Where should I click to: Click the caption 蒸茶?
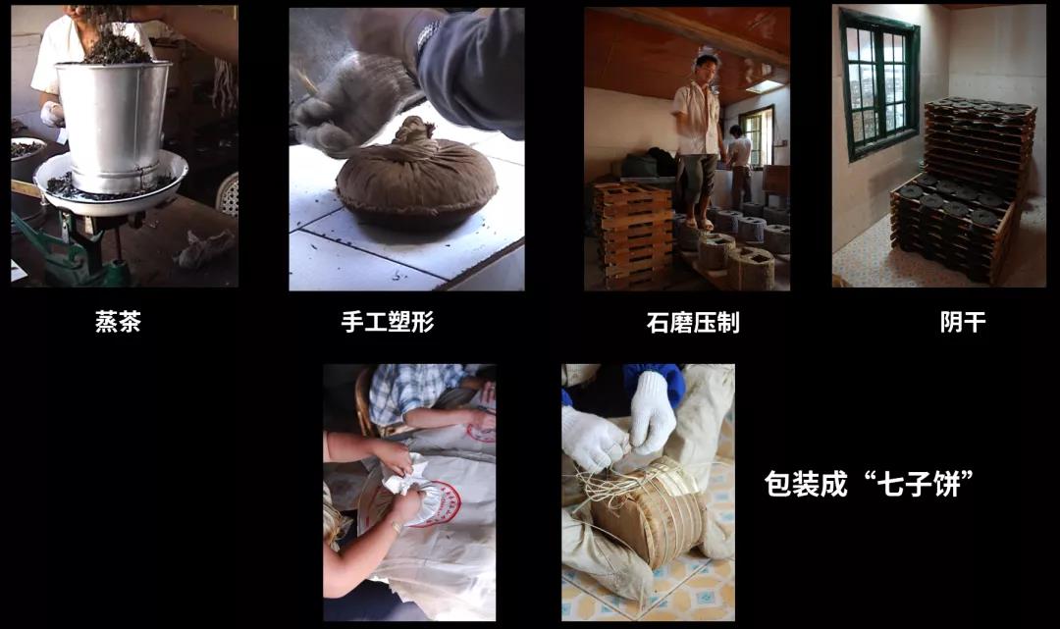[x=118, y=322]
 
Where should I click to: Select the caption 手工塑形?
[x=388, y=322]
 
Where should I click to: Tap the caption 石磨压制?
[x=693, y=322]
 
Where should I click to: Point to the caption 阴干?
[x=963, y=322]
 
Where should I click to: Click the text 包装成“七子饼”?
[x=870, y=484]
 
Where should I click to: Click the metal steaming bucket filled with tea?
[x=114, y=124]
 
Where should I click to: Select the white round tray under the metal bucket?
[x=112, y=184]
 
